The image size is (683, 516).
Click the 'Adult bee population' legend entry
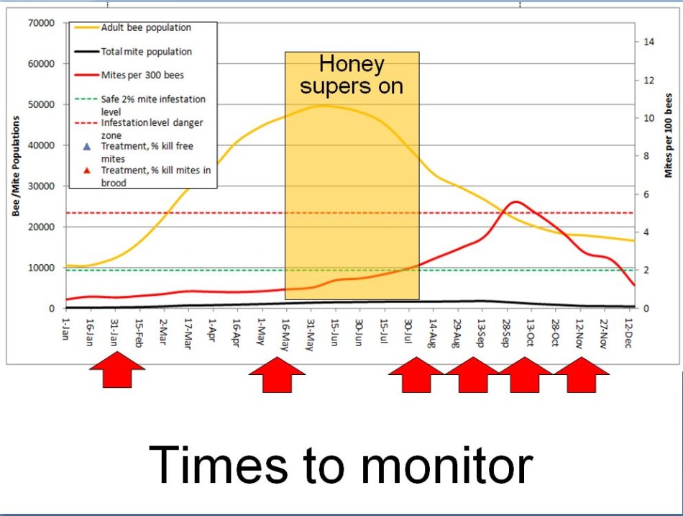pyautogui.click(x=145, y=28)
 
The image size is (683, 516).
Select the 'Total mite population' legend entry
pyautogui.click(x=146, y=52)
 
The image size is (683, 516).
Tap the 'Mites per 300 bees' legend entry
pyautogui.click(x=142, y=75)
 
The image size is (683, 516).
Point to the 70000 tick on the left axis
pyautogui.click(x=41, y=23)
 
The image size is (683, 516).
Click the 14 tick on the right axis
pyautogui.click(x=649, y=42)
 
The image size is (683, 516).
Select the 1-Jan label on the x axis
pyautogui.click(x=65, y=328)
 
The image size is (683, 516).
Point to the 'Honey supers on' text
pyautogui.click(x=352, y=75)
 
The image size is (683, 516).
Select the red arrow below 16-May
pyautogui.click(x=277, y=374)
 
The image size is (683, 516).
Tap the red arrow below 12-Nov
pyautogui.click(x=582, y=374)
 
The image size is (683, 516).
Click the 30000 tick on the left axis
pyautogui.click(x=41, y=186)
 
